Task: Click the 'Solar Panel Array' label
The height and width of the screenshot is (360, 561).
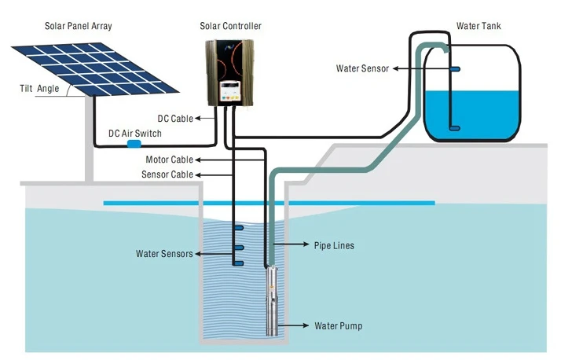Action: click(79, 26)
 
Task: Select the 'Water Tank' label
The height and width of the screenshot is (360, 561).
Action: click(478, 26)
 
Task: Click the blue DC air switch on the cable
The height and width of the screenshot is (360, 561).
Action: click(134, 145)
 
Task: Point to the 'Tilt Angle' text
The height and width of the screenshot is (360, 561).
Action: click(37, 88)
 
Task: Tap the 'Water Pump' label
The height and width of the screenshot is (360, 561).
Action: click(339, 325)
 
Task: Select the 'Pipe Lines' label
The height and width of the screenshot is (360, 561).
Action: click(334, 246)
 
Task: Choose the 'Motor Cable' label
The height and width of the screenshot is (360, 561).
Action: click(170, 160)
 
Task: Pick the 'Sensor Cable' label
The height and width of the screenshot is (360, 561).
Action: click(167, 174)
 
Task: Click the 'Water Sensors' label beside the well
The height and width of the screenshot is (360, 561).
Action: click(164, 254)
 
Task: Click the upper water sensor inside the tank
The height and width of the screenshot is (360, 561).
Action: click(455, 69)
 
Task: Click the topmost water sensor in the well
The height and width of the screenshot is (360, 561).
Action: click(238, 228)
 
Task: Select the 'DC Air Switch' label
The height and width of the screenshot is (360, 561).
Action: click(135, 134)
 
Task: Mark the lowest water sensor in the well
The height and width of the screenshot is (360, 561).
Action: click(238, 263)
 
